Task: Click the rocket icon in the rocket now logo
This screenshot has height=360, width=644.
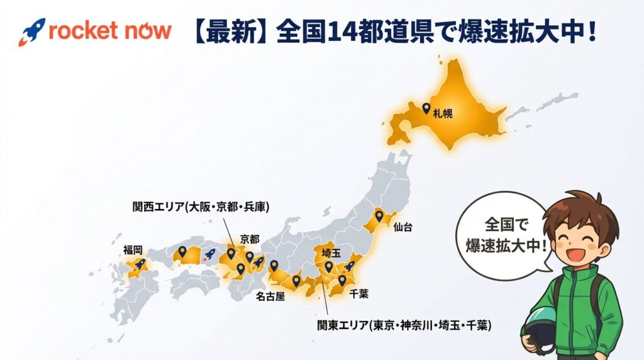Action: [x=31, y=32]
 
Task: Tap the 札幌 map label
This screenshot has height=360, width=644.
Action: [x=443, y=114]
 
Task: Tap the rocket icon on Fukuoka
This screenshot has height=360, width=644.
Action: [x=140, y=265]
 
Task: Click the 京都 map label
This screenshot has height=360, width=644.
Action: [x=249, y=239]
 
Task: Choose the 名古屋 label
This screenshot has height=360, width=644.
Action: [x=270, y=295]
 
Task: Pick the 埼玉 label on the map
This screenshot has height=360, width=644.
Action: [x=331, y=252]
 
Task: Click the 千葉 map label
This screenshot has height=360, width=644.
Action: [x=358, y=293]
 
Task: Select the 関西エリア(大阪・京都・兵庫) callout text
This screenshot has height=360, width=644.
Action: [x=201, y=206]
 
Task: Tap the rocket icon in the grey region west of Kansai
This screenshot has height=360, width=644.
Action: [x=209, y=255]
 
